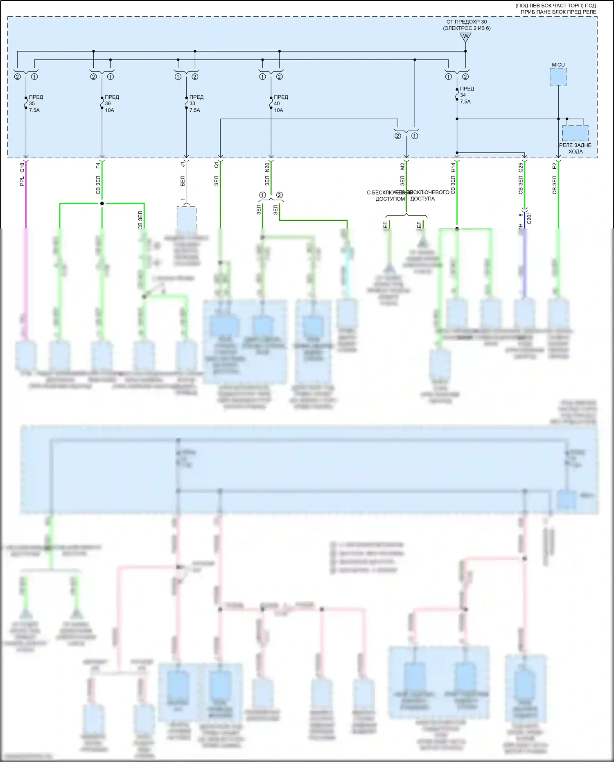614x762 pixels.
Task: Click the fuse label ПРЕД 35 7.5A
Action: pos(35,104)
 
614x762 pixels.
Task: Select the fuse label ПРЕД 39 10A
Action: pos(111,104)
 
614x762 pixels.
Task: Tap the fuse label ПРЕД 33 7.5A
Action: pos(196,104)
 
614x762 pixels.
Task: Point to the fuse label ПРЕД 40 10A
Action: pos(280,104)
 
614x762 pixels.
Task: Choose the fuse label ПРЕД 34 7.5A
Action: pos(466,95)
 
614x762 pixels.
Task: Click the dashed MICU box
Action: pos(558,77)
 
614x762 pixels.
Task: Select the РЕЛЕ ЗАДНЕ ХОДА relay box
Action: pos(575,134)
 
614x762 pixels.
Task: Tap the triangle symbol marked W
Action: pos(465,37)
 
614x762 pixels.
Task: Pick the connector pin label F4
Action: pos(98,166)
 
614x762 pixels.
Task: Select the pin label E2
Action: pos(554,166)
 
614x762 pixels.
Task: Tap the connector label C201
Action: pos(529,218)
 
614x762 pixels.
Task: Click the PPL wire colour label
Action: pos(22,181)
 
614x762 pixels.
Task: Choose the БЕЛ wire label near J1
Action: pos(183,181)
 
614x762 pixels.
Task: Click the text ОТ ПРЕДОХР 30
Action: pos(467,22)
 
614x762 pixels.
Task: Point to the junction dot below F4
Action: pos(102,204)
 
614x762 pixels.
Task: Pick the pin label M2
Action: pos(402,166)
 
